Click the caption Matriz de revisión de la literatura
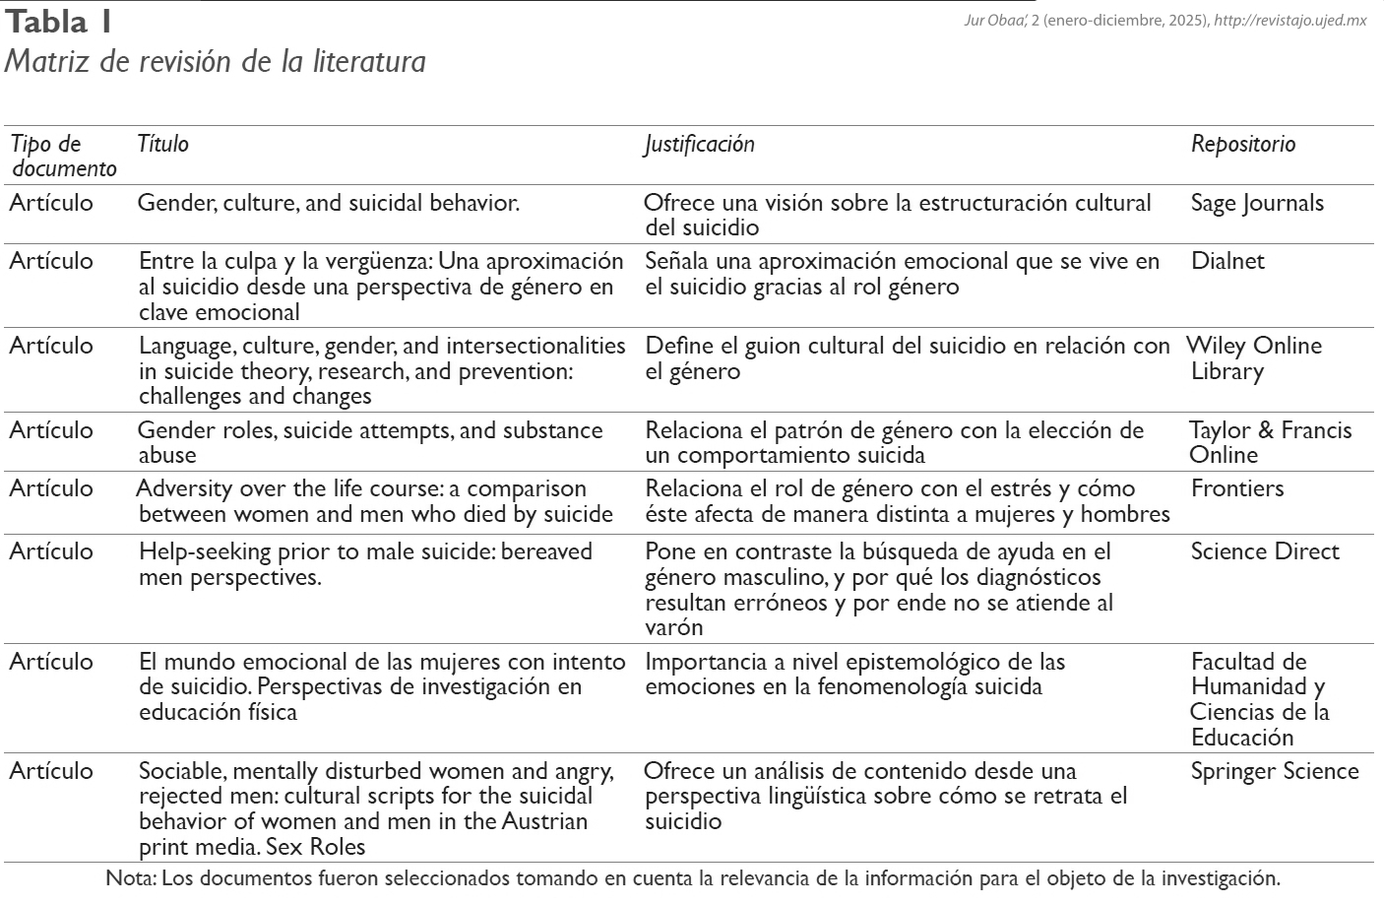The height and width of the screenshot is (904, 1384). pos(215,61)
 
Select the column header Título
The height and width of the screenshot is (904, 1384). pos(162,144)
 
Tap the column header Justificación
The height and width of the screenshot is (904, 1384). pos(699,144)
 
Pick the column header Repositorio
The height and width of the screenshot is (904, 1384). pos(1242,144)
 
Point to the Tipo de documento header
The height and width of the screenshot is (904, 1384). pos(62,156)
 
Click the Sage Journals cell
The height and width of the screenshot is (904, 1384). pos(1257,203)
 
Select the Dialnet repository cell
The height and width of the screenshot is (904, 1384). pos(1227,261)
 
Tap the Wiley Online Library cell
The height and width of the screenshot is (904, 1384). pos(1255,358)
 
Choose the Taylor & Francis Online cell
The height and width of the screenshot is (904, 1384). pos(1270,442)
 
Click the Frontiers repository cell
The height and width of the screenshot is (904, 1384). pos(1237,488)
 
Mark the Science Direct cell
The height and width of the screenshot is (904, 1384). pos(1265,551)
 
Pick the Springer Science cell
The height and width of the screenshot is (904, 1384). pos(1275,771)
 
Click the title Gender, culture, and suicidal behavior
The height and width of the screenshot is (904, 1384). pos(328,203)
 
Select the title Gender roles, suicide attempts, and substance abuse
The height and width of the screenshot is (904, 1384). pos(369,442)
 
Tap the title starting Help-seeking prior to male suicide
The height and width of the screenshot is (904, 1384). pos(364,563)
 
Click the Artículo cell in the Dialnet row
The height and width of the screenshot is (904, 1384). pos(51,261)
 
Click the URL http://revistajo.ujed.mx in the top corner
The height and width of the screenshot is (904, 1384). pos(1290,21)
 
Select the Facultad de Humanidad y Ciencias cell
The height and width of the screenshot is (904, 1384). pos(1259,699)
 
